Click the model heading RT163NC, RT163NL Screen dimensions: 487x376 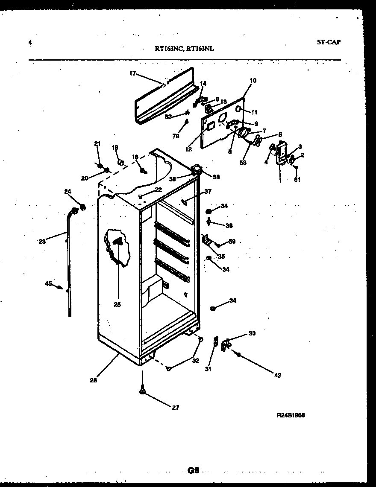click(185, 49)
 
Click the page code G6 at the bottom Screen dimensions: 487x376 click(194, 470)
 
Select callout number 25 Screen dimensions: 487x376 click(117, 304)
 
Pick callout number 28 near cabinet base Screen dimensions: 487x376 click(93, 380)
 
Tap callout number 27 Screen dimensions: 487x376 click(176, 407)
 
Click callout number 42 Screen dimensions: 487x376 click(278, 375)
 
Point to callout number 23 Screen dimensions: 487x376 click(41, 241)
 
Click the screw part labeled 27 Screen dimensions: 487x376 click(143, 390)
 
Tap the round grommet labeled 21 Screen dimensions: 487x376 click(99, 166)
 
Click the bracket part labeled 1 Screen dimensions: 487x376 click(282, 154)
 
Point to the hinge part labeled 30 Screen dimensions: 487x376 click(225, 344)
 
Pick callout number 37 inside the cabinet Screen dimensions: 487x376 click(208, 191)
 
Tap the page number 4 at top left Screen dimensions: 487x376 click(30, 42)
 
